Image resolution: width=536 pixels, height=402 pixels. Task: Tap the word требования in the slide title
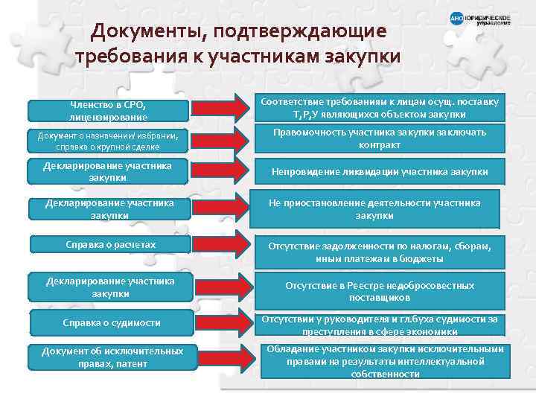pyautogui.click(x=128, y=57)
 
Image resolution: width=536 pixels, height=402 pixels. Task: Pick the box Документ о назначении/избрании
pyautogui.click(x=109, y=140)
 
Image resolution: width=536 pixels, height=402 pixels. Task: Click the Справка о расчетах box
pyautogui.click(x=109, y=244)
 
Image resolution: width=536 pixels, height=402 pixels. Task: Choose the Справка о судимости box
pyautogui.click(x=109, y=322)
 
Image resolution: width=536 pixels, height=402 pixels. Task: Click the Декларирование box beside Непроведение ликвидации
pyautogui.click(x=109, y=171)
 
